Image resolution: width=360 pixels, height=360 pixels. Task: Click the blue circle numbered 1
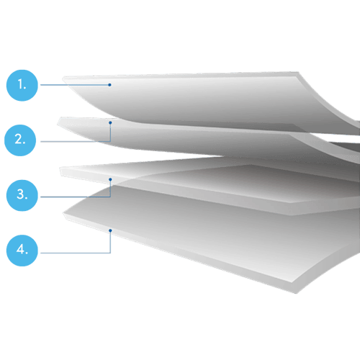[x=22, y=86]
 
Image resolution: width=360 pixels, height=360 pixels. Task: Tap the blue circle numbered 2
[x=20, y=140]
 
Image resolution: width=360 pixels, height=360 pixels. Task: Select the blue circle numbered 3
[x=22, y=195]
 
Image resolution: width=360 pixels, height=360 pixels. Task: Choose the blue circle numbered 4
[x=22, y=251]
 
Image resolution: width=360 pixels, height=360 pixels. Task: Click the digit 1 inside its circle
[x=20, y=85]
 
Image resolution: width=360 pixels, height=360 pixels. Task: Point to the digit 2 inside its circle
[x=19, y=139]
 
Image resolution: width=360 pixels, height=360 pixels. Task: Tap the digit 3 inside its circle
[x=20, y=194]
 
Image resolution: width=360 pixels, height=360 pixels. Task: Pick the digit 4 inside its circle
[x=20, y=249]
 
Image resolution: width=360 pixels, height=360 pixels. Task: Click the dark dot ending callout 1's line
[x=109, y=85]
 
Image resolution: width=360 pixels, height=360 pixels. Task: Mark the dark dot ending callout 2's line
[x=110, y=122]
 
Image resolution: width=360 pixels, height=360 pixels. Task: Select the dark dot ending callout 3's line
[x=110, y=179]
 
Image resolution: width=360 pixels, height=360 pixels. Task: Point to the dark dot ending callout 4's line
[x=110, y=230]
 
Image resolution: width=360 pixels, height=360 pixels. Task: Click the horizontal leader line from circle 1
[x=74, y=85]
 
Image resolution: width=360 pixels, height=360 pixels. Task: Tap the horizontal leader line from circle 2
[x=76, y=142]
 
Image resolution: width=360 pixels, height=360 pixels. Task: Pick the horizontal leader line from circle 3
[x=76, y=197]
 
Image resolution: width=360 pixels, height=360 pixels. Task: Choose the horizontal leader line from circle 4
[x=76, y=253]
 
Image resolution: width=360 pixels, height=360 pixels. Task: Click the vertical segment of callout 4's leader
[x=110, y=242]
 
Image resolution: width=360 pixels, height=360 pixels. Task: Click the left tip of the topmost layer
[x=63, y=78]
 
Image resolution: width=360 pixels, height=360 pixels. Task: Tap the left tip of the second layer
[x=58, y=124]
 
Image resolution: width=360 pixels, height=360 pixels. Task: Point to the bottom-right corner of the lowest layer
[x=296, y=293]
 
